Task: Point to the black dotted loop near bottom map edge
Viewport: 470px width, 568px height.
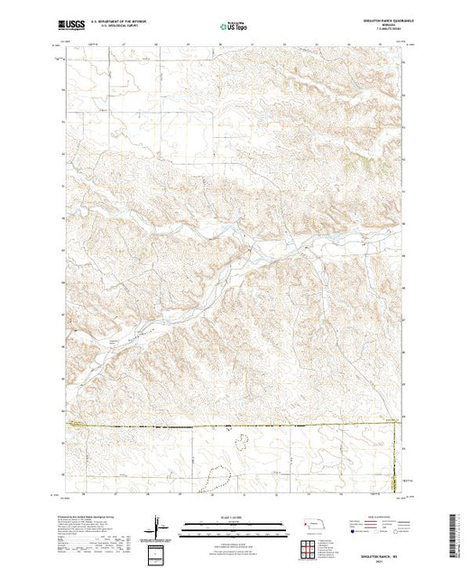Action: coord(215,477)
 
